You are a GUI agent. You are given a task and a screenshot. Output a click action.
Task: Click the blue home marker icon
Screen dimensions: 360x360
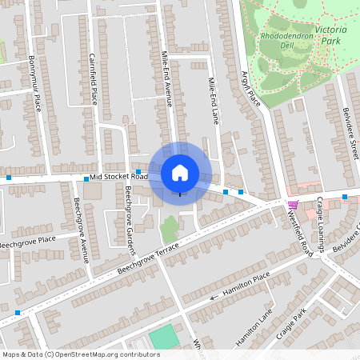[x=180, y=172]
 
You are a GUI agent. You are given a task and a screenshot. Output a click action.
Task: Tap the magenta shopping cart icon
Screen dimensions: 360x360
[x=293, y=205]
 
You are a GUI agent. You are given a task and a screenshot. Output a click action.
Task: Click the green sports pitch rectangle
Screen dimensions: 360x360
[x=166, y=337]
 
